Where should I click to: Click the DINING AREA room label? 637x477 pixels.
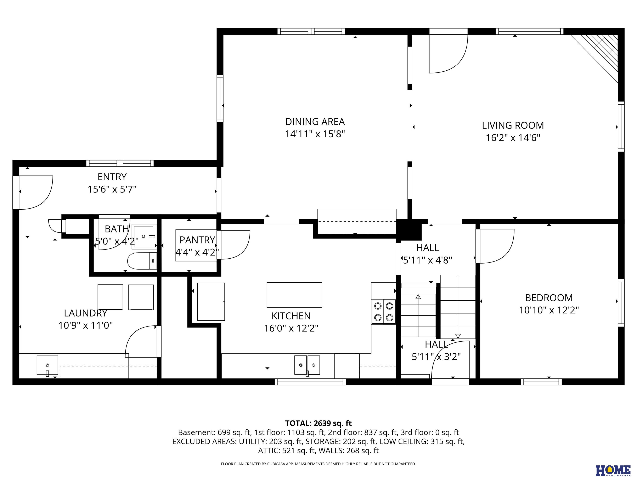[x=315, y=122]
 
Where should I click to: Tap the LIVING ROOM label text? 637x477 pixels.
[x=513, y=125]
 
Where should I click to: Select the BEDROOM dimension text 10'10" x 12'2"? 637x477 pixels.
[x=549, y=310]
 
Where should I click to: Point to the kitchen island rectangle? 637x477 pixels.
[x=294, y=295]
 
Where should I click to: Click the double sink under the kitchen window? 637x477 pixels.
[x=307, y=365]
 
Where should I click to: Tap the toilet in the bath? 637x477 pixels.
[x=142, y=261]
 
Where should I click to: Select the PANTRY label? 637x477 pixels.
[x=197, y=240]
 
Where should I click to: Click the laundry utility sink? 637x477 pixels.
[x=47, y=365]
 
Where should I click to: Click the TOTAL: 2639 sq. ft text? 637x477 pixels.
[x=318, y=423]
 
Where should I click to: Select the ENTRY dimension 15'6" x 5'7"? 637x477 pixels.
[x=112, y=189]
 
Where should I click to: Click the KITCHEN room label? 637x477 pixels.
[x=291, y=316]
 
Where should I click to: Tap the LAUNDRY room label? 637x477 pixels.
[x=85, y=313]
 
